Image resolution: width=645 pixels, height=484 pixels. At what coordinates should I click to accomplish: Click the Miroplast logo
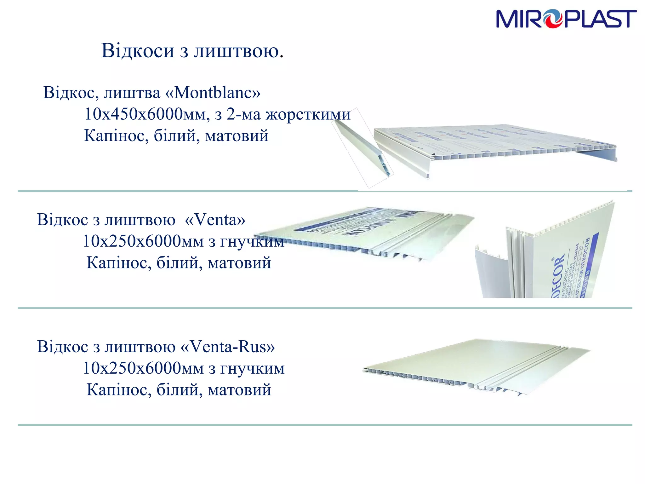(x=566, y=19)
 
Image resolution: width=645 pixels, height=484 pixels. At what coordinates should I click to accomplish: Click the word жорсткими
(x=308, y=114)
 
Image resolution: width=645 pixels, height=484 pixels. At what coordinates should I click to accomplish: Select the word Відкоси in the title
(x=138, y=50)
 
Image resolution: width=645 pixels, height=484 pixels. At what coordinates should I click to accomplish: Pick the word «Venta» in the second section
(x=215, y=220)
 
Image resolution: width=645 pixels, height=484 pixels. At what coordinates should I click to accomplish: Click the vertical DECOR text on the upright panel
(x=558, y=274)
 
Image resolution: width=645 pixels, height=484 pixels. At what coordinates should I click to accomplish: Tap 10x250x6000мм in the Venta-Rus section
(x=143, y=368)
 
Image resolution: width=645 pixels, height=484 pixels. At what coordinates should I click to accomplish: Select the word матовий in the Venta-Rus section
(x=239, y=390)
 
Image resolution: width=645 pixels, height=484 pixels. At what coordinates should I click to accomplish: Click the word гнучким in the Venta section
(x=252, y=242)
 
